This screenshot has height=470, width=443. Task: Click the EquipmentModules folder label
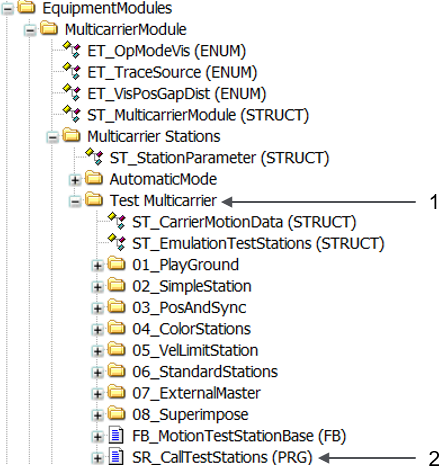[107, 8]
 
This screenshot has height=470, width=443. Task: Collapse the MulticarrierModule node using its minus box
[30, 31]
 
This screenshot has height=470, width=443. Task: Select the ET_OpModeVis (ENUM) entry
[166, 51]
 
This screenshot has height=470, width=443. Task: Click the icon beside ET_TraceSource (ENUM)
[72, 71]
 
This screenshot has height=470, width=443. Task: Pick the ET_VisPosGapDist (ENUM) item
[177, 94]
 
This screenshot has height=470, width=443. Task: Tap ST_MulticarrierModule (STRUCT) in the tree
[198, 115]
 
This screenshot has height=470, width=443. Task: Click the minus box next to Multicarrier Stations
[52, 137]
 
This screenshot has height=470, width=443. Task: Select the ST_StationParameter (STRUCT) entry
[219, 158]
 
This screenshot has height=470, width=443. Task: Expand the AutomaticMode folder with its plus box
[75, 180]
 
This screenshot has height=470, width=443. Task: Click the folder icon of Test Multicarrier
[94, 200]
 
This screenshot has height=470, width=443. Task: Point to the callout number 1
[434, 202]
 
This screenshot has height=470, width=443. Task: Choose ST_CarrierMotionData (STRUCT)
[244, 222]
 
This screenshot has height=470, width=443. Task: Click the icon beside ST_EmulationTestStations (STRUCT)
[117, 242]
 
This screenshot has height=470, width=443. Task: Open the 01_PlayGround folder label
[186, 265]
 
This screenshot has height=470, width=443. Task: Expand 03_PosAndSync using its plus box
[97, 308]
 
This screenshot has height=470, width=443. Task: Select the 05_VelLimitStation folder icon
[116, 349]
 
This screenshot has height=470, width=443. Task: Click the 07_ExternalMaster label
[196, 393]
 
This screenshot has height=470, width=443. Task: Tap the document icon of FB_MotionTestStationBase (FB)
[116, 435]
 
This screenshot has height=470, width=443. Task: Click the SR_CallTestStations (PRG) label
[222, 457]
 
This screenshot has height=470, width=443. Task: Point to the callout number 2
[434, 459]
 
